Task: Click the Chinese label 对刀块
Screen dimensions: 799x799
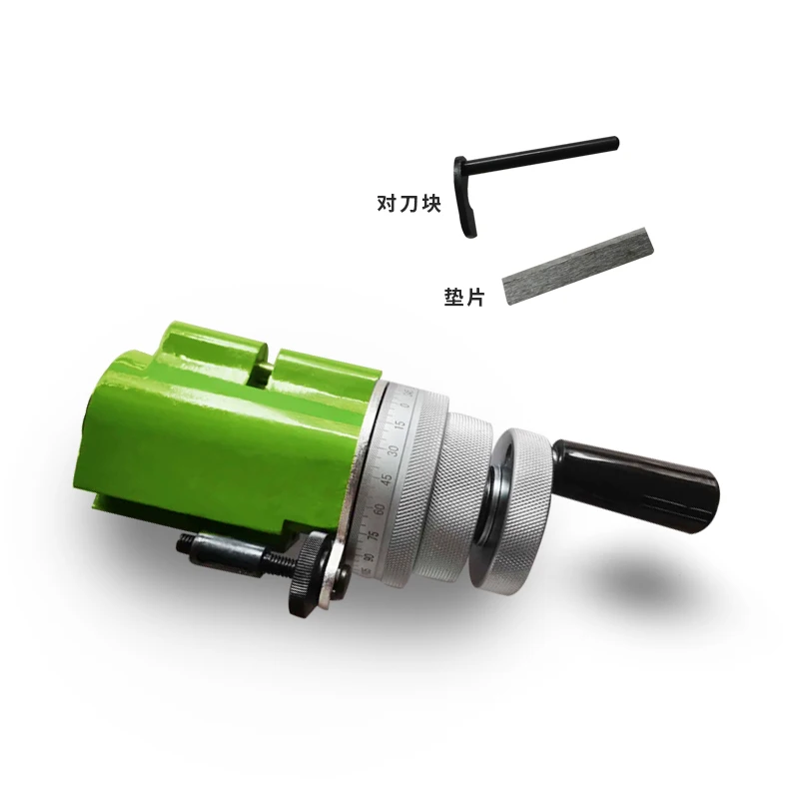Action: click(x=407, y=204)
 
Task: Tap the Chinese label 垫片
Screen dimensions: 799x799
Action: click(x=463, y=297)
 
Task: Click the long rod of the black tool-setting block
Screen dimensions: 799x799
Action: click(x=544, y=151)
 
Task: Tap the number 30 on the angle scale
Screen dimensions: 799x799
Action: click(x=393, y=451)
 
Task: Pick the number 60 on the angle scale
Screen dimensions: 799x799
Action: click(x=379, y=509)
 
